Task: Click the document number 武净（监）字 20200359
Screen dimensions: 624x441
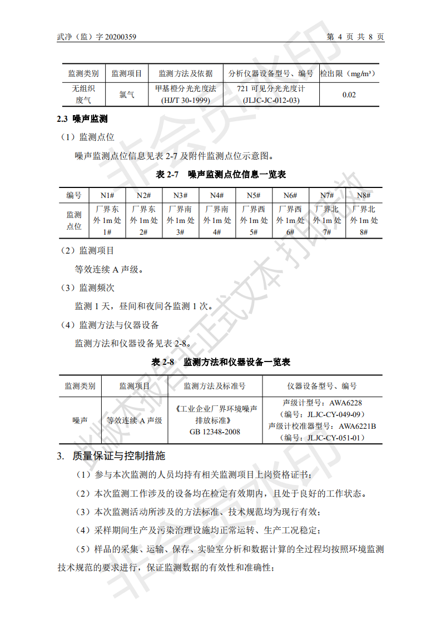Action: [x=97, y=37]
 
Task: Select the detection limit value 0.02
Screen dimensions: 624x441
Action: [x=349, y=95]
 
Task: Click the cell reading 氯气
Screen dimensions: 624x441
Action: [x=127, y=95]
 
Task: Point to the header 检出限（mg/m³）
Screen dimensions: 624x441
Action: [x=349, y=73]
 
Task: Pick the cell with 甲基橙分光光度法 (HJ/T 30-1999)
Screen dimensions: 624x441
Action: [x=185, y=95]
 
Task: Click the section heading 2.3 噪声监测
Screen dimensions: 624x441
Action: [x=82, y=119]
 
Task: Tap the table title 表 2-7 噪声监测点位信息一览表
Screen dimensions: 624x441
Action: [x=221, y=175]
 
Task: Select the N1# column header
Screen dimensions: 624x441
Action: [x=107, y=195]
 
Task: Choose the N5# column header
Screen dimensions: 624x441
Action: [x=253, y=195]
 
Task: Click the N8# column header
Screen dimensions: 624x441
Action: [x=364, y=195]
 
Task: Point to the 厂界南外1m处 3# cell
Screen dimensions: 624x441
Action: [x=181, y=220]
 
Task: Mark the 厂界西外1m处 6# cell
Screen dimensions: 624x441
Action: [x=290, y=220]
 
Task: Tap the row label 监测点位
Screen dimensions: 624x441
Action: [x=74, y=220]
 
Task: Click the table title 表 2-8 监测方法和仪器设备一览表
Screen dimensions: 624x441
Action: [x=221, y=362]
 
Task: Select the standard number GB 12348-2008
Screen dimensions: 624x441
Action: [x=215, y=432]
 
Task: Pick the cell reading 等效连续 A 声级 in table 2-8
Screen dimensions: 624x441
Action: [x=135, y=420]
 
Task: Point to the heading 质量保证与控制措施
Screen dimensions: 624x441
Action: [x=118, y=456]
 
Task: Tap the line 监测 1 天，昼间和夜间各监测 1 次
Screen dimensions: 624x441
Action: [x=143, y=306]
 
